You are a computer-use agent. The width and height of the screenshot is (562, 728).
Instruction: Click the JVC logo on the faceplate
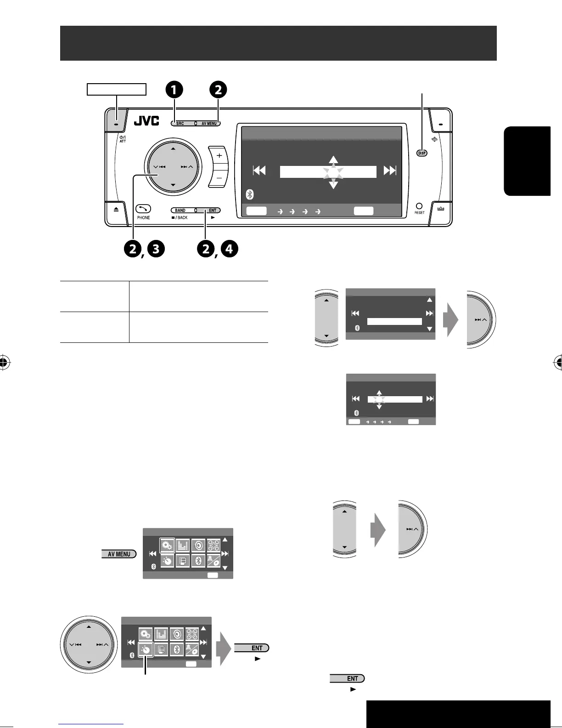(146, 121)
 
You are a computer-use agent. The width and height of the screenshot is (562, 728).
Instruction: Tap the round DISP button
(421, 153)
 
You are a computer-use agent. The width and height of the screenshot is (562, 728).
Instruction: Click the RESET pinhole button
(419, 206)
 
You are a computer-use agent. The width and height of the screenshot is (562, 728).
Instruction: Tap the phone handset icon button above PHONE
(143, 208)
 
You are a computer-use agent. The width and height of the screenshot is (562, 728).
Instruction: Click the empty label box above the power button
(117, 89)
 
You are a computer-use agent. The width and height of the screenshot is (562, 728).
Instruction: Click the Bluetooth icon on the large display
(250, 194)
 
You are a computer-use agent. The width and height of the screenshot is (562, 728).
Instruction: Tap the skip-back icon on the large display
(259, 171)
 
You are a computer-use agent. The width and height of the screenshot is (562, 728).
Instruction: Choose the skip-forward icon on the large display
(390, 171)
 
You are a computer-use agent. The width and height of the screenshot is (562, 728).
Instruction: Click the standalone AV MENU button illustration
(119, 554)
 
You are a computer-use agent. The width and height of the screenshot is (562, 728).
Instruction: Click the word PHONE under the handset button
(143, 217)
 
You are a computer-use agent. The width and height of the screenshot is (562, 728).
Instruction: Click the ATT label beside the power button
(122, 141)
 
